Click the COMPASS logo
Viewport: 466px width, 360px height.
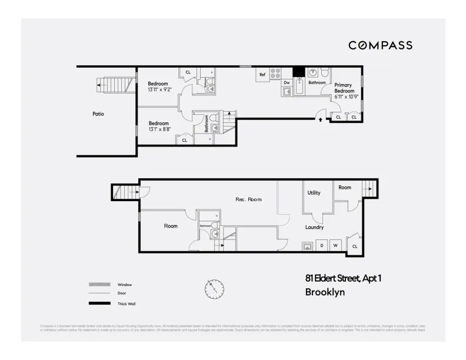(380, 45)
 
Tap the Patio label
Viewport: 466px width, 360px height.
(98, 114)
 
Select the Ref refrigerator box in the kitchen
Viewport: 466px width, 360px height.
(262, 75)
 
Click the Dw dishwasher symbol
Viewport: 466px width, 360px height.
(287, 83)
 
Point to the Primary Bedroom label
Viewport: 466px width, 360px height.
(345, 88)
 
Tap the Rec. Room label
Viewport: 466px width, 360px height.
(248, 199)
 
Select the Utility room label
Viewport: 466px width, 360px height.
(314, 192)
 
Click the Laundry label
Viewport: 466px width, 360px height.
(314, 227)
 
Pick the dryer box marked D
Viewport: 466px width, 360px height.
(322, 245)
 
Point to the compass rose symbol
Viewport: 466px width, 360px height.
(214, 288)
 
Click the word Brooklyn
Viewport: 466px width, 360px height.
(325, 292)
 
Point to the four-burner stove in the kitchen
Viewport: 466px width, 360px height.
(275, 74)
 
